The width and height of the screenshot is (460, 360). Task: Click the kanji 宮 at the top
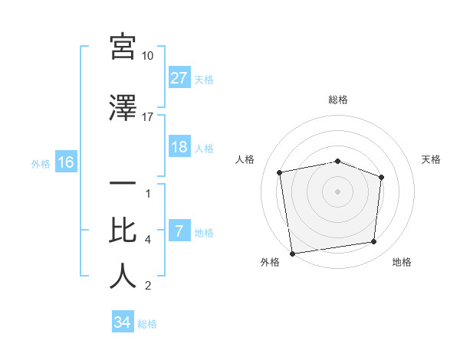pos(123,47)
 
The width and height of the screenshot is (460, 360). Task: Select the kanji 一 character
pos(123,185)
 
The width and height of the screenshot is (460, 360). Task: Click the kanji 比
pos(123,231)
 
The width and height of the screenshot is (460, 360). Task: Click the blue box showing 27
pos(179,77)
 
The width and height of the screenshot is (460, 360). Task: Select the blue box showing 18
pos(179,147)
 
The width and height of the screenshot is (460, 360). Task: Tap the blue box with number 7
pos(179,231)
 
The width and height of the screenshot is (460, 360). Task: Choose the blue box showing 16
pos(65,162)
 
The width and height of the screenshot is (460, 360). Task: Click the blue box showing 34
pos(122,322)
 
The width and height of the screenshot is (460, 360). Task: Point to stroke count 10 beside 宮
pos(148,56)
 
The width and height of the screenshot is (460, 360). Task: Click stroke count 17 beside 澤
pos(148,116)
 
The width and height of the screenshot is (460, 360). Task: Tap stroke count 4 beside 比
pos(147,240)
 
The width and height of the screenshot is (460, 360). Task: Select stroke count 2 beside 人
pos(147,286)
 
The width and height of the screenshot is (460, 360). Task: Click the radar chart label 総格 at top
pos(338,100)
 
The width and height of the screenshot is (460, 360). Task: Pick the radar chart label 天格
pos(432,159)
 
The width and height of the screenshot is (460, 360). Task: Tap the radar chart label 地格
pos(402,262)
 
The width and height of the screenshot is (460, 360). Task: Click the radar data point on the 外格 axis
pos(292,253)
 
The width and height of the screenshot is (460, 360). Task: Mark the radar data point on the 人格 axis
pos(281,172)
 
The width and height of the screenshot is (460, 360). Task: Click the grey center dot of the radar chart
pos(338,191)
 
